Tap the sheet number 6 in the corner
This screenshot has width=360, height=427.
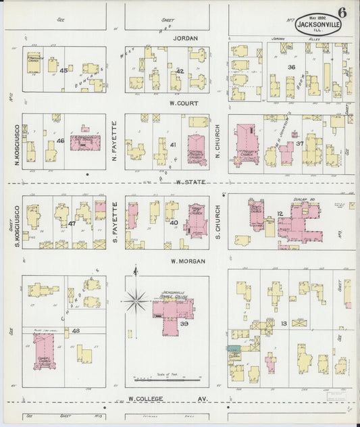[x=344, y=12]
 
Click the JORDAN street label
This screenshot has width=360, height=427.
[x=185, y=39]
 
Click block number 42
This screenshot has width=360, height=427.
[x=180, y=71]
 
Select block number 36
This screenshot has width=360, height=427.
[x=292, y=67]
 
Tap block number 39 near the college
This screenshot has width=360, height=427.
[x=183, y=324]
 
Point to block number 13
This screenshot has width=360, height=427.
[x=284, y=324]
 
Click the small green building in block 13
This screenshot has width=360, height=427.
[x=234, y=349]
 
